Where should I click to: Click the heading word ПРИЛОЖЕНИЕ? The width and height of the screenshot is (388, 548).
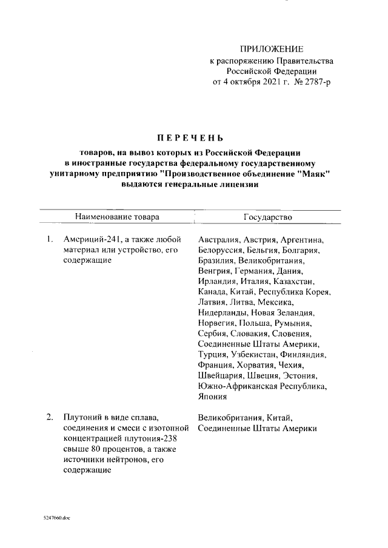pos(271,49)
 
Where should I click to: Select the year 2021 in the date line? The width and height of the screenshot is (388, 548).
pos(276,82)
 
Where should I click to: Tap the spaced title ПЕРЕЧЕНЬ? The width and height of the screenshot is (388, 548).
pos(191,138)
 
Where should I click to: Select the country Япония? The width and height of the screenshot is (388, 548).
pos(212,397)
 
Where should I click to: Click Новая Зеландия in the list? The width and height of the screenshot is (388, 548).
pos(285,314)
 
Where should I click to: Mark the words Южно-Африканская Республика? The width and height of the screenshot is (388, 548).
pos(262,386)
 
